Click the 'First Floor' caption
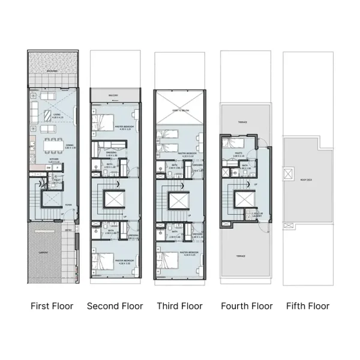click(52, 306)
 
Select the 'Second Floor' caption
click(115, 306)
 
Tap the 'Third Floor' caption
click(179, 306)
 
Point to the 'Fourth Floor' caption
click(246, 306)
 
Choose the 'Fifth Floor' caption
click(308, 306)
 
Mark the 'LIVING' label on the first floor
click(56, 115)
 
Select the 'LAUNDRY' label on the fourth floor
click(257, 215)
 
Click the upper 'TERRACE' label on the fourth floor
click(242, 122)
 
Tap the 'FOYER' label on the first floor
click(68, 205)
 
